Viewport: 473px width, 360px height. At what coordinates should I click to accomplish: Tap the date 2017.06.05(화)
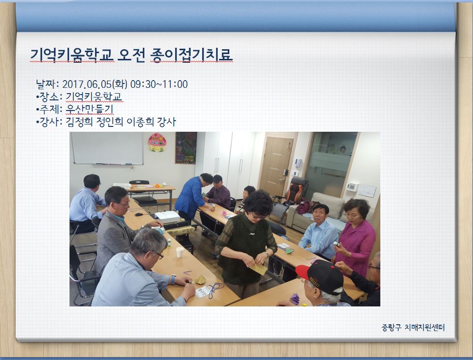pos(95,84)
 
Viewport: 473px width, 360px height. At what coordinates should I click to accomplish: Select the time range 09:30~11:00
pos(159,84)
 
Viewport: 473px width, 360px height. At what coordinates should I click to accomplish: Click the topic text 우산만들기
pos(89,109)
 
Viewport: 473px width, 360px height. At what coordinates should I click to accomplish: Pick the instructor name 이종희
pos(140,122)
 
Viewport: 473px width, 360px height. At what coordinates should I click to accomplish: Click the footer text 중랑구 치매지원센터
pos(413,327)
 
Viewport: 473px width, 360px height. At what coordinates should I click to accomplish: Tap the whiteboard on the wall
pos(107,148)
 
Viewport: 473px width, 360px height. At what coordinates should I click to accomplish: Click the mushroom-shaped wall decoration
pos(157,142)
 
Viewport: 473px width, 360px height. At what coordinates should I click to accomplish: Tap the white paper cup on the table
pos(180,252)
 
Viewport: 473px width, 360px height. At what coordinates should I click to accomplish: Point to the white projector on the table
pos(167,217)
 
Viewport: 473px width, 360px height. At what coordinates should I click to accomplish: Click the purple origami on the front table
pos(295,299)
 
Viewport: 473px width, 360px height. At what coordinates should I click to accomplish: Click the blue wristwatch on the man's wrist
pos(173,279)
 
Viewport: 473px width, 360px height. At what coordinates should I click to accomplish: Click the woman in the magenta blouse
pos(355,237)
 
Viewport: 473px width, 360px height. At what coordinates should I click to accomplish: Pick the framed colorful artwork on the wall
pos(186,148)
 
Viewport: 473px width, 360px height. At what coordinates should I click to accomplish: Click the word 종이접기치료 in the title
pos(192,55)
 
